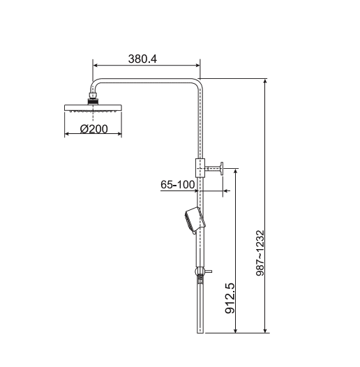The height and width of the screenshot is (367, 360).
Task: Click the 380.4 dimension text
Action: pos(142,59)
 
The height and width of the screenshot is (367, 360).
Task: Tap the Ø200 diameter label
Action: pos(94,129)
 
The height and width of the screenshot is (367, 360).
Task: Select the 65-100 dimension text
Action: pos(178,185)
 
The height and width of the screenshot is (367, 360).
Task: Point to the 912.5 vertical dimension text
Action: pos(230,298)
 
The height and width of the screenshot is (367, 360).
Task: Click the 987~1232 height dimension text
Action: pos(260,253)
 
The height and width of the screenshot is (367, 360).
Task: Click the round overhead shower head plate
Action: pos(93,108)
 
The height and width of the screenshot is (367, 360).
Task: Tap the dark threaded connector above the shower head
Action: pos(93,102)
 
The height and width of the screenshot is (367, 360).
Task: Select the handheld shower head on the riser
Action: pos(195,220)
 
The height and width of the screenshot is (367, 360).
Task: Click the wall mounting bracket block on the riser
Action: pos(200,168)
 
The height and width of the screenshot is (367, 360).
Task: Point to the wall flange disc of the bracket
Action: pos(221,168)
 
